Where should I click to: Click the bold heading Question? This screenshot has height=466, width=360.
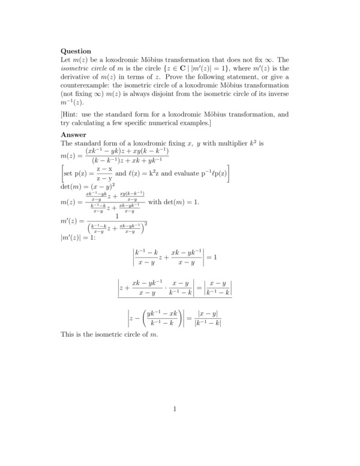[x=76, y=51]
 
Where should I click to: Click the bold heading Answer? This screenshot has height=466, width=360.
[x=74, y=135]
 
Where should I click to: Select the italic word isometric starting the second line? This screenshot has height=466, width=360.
[x=77, y=68]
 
